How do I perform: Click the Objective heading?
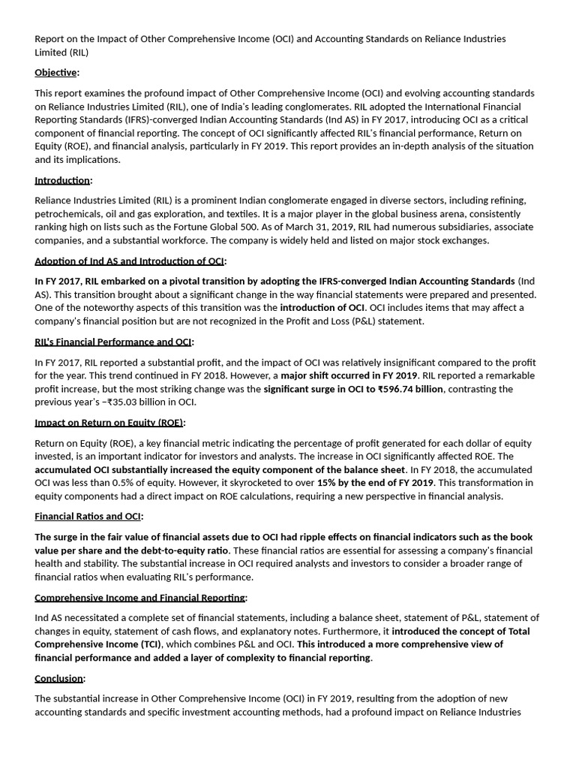coord(55,73)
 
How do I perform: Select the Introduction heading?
coord(61,180)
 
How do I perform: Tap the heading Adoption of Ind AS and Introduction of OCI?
coord(129,261)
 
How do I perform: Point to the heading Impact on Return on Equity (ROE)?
coord(109,423)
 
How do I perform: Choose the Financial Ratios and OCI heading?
coord(88,517)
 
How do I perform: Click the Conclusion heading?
coord(58,678)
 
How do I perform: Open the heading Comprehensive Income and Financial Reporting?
coord(140,598)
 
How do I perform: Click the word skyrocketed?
coord(258,483)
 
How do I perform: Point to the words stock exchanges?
coord(451,240)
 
